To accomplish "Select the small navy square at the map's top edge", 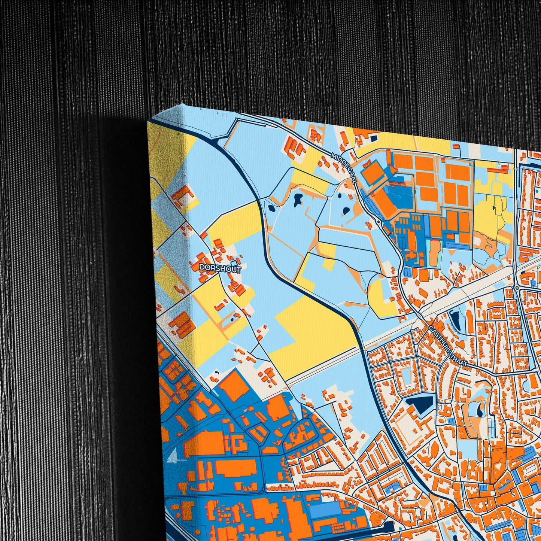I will click(x=374, y=139).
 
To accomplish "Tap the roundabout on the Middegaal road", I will click(x=379, y=222).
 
